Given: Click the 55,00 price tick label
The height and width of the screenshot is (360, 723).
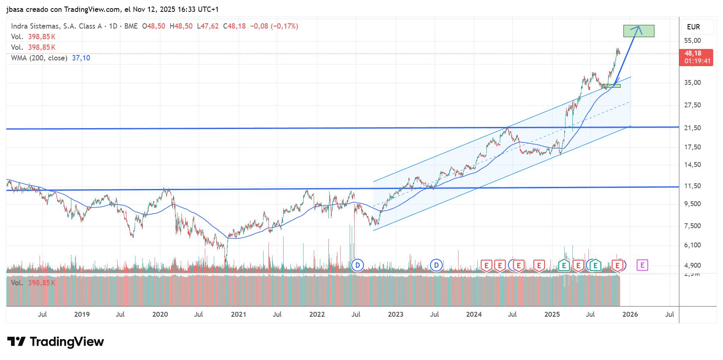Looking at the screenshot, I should coord(692,40).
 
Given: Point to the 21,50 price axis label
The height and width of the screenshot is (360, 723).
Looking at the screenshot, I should coord(692,128).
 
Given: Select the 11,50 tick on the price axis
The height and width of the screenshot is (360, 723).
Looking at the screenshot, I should coord(692,186).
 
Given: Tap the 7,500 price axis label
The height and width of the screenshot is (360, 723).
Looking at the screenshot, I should coord(692,226).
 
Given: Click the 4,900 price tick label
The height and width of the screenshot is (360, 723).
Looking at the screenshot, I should coord(692,265).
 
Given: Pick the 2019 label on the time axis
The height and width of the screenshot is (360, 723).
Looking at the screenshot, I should coord(82,314).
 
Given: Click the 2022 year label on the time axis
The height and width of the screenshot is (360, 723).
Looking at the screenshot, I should coord(317,314).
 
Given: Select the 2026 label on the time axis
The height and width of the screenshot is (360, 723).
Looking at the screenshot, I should coord(630,314).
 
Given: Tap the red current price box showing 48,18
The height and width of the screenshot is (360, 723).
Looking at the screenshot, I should coord(696,57).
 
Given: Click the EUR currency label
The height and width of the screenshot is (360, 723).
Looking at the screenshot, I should coord(693,27).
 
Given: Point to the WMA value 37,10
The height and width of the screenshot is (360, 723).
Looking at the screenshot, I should coord(81,58).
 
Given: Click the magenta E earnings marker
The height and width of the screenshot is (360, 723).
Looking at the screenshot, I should coord(642,265).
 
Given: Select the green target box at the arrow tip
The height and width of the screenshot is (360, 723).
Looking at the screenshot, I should coord(639,31).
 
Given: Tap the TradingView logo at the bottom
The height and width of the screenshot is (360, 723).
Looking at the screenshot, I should coord(55,342).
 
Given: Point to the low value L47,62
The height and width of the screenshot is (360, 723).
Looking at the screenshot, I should coord(208,26).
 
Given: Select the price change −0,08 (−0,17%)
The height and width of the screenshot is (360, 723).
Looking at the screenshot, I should coord(274,26).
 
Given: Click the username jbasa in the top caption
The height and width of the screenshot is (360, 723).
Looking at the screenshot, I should coord(15,9).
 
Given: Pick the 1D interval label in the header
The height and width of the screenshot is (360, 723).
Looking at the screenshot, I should coord(113,26).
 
